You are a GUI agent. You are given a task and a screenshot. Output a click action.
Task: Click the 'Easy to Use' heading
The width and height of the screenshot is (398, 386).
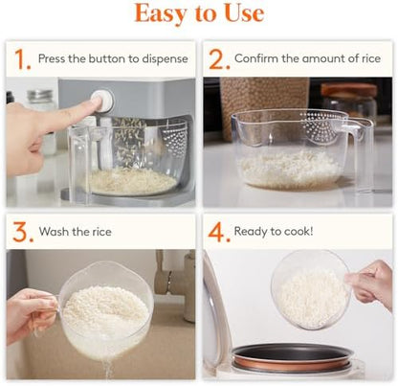pos(199,14)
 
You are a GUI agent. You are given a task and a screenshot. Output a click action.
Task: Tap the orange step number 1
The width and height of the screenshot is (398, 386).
pos(21,59)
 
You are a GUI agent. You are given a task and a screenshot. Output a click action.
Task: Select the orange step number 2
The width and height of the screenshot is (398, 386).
pos(219,59)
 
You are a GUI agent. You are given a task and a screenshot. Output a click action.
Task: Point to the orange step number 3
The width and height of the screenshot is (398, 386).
pos(21,232)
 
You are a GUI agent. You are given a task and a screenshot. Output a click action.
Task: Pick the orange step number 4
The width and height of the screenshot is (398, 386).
pos(219,232)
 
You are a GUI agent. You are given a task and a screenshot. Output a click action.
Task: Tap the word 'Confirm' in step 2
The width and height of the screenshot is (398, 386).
pos(259,59)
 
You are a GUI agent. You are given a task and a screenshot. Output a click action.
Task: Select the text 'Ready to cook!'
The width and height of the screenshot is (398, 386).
pos(274,233)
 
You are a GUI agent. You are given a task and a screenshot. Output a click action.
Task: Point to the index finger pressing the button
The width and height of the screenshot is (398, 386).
pos(67,114)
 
